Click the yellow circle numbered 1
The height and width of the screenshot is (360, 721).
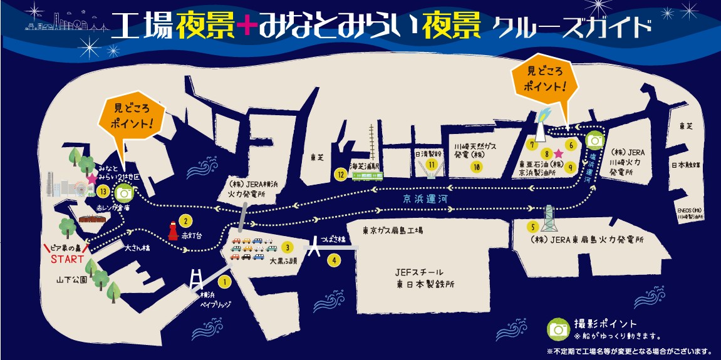(x=227, y=282)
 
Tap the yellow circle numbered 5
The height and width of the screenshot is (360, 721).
(x=533, y=227)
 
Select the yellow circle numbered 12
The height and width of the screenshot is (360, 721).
(x=341, y=174)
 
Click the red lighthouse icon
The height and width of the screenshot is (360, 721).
(x=172, y=230)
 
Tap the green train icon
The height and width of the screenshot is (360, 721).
(x=366, y=175)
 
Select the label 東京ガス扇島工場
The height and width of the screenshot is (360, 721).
(x=393, y=230)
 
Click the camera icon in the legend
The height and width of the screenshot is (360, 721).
(x=557, y=328)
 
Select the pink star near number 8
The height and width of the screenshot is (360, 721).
(x=559, y=153)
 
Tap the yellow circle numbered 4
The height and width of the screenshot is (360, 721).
(x=335, y=260)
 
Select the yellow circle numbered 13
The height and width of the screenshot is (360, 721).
(x=103, y=192)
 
